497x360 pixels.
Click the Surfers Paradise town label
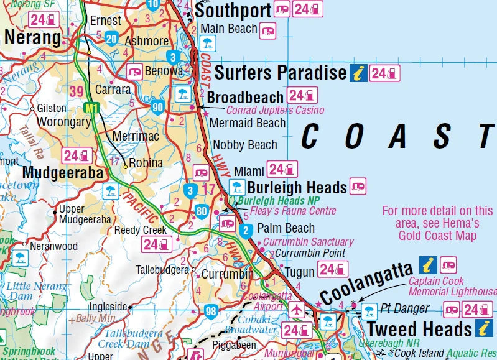point(280,73)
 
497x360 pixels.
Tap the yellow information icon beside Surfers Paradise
point(357,73)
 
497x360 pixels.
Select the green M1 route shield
point(92,108)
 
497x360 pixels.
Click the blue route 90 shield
point(157,108)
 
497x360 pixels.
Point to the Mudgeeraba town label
point(62,173)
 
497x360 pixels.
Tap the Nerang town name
point(32,38)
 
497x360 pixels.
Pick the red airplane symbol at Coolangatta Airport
point(297,309)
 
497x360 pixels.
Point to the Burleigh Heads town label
point(297,187)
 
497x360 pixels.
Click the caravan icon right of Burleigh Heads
point(358,185)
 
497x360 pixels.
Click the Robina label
point(146,163)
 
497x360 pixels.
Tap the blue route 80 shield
point(200,210)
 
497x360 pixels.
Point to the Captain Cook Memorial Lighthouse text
point(452,286)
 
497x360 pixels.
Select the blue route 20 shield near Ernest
point(112,38)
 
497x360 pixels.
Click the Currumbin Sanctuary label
point(308,241)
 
